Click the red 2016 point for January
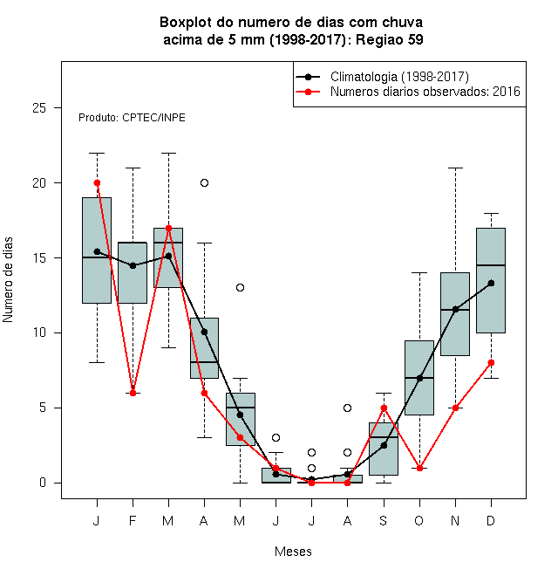coord(97,183)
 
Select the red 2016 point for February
coord(133,393)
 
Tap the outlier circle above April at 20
coord(205,183)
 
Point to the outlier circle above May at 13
coord(240,288)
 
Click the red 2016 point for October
coord(419,468)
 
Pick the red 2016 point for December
coord(491,362)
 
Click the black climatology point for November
coord(456,309)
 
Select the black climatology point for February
coord(133,265)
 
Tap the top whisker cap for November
coord(456,168)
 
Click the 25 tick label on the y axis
coord(39,107)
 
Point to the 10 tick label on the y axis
coord(39,333)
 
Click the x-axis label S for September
coord(384,520)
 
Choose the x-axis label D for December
coord(491,520)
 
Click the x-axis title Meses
coord(293,552)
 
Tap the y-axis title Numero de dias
coord(8,280)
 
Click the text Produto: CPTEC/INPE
coord(132,118)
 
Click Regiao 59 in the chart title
coord(390,39)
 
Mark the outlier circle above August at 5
coord(347,408)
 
